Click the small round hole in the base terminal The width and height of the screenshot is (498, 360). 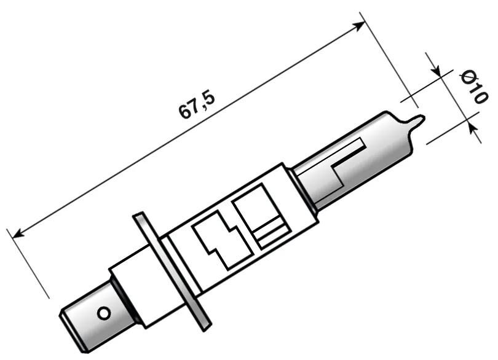tap(105, 313)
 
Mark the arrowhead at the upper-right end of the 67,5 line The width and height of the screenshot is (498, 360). tap(360, 25)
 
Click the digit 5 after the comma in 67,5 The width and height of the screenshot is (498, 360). tap(208, 98)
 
